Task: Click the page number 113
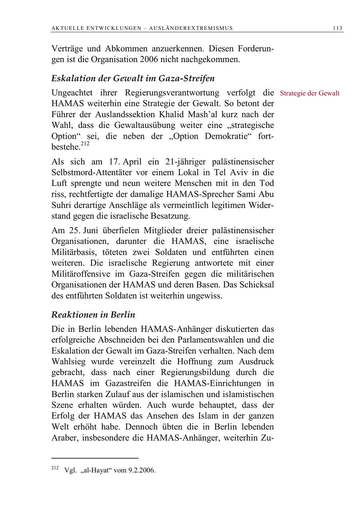337,28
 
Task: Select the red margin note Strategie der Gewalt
310,93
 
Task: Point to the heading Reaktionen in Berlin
93,315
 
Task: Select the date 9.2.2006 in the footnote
142,470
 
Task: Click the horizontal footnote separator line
95,458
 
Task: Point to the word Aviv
230,173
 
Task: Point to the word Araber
64,437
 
